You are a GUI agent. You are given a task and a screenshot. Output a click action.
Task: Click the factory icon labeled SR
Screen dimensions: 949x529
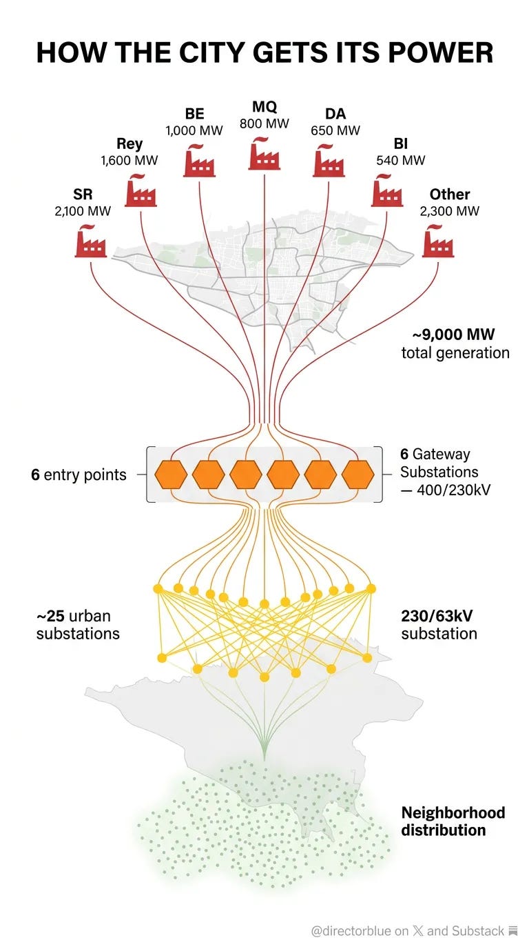90,241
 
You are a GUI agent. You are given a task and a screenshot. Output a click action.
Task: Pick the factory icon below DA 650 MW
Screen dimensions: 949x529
329,159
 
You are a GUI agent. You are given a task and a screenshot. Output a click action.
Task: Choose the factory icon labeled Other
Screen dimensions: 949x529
438,241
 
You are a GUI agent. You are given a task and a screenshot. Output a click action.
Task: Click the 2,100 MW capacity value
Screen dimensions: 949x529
83,212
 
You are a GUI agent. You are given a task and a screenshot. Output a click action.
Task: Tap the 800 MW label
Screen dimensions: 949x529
264,124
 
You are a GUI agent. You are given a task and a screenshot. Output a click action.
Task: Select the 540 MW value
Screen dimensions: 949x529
401,161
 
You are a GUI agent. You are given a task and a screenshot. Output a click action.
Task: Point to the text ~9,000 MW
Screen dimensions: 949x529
453,335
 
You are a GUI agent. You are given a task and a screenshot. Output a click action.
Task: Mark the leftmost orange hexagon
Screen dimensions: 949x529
171,474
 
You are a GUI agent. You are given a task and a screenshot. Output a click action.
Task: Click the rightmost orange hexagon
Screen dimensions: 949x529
357,474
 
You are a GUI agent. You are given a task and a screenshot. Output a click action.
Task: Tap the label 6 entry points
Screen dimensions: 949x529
79,474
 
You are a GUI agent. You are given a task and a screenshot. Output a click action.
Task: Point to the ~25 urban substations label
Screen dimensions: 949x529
77,623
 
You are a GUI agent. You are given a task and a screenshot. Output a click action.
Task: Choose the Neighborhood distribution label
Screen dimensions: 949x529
453,821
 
